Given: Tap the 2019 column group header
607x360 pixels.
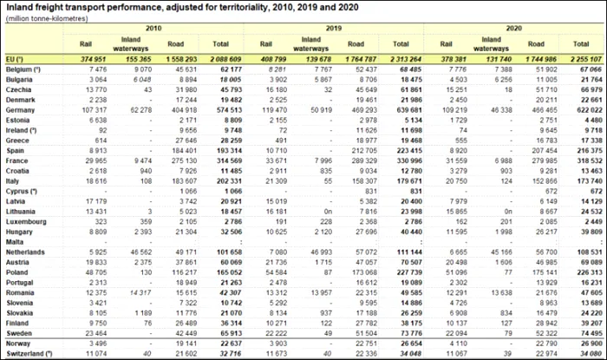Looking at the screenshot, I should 331,29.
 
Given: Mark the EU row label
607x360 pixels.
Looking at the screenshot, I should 16,58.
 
